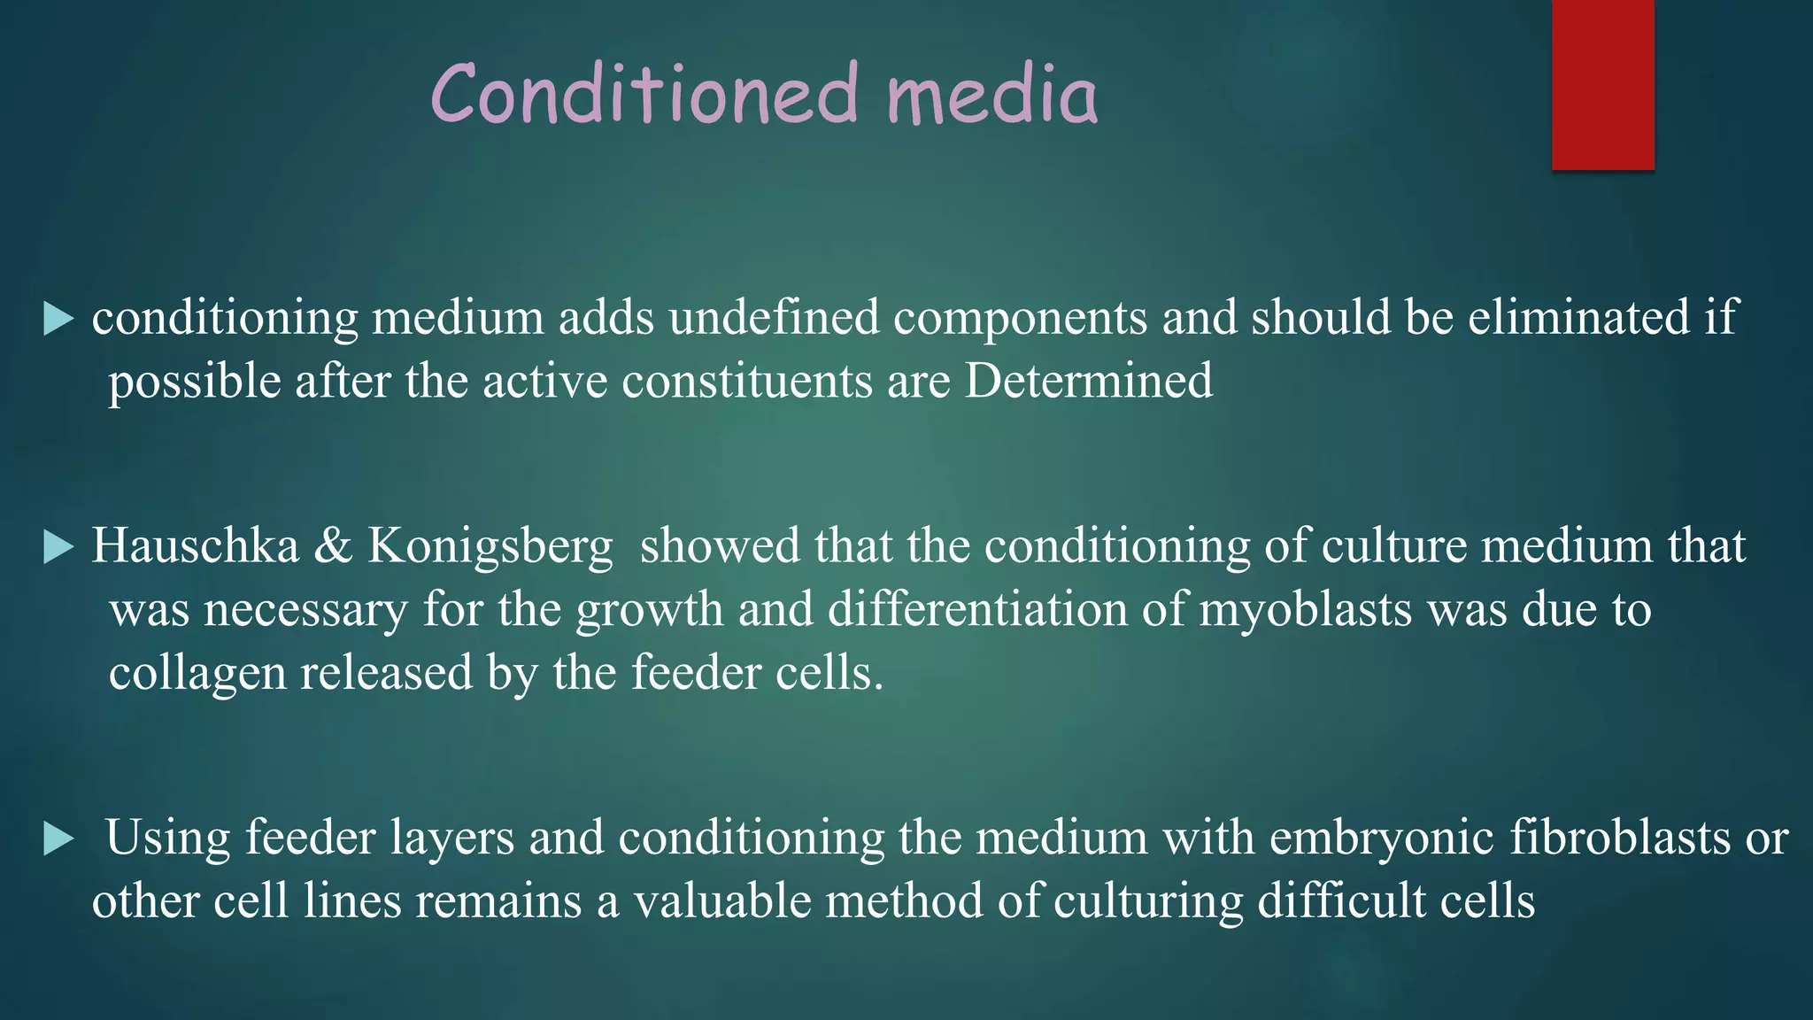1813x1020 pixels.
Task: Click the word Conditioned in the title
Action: [x=644, y=94]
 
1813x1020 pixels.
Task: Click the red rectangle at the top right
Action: [x=1602, y=84]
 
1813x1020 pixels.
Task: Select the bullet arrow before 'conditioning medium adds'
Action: [x=58, y=319]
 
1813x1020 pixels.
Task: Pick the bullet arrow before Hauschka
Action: [x=58, y=547]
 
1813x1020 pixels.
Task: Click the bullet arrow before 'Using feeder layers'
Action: [x=58, y=839]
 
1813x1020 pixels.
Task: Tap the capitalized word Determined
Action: [x=1088, y=381]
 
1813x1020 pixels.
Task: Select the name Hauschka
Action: [x=196, y=545]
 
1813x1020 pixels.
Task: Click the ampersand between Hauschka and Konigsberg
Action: [x=333, y=545]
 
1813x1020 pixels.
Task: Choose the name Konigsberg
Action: [x=490, y=547]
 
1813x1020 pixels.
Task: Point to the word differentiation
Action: [x=977, y=609]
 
